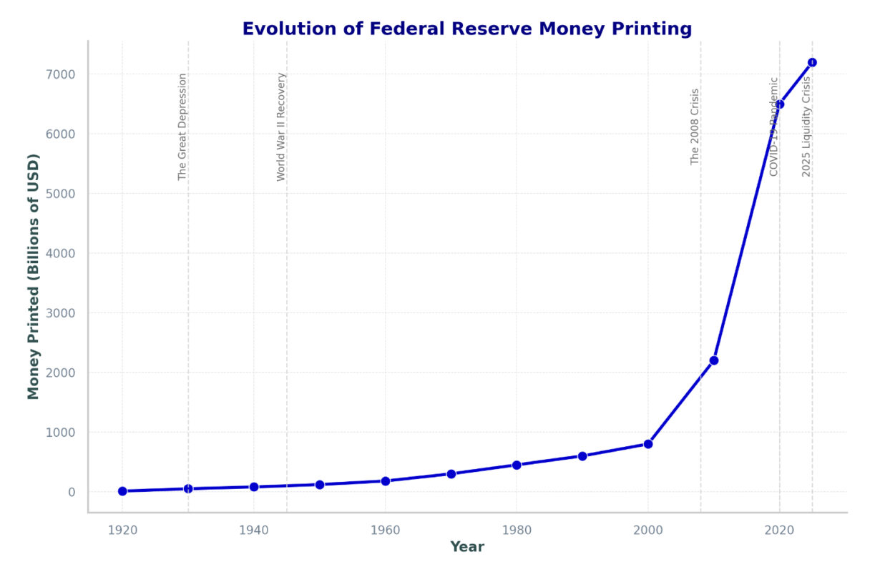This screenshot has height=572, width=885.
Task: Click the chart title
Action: [x=466, y=29]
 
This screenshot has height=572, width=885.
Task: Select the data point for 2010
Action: [x=713, y=360]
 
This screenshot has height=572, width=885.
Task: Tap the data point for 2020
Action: [x=779, y=104]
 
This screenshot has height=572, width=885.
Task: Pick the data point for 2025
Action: [x=812, y=62]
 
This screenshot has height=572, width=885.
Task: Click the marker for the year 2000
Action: [x=648, y=444]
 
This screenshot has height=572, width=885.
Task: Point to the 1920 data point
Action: [x=122, y=491]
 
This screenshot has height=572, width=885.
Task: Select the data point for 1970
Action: [x=451, y=474]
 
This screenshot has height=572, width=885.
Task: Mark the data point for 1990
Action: [x=582, y=456]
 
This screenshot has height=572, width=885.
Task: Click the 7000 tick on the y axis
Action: [x=62, y=74]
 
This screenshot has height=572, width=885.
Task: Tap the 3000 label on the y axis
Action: [x=62, y=313]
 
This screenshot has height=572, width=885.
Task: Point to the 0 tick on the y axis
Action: [x=72, y=492]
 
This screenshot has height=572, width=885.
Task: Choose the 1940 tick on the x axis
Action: [x=253, y=530]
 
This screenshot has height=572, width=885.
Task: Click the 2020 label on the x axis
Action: [x=779, y=530]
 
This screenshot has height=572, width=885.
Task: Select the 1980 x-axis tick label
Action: [x=517, y=530]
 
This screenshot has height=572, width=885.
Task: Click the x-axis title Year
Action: [x=466, y=547]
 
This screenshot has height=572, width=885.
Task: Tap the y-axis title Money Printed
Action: [x=33, y=276]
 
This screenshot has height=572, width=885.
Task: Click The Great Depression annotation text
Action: [x=182, y=127]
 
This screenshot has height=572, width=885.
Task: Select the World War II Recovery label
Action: [x=281, y=127]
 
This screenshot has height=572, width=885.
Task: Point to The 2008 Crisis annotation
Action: [x=695, y=127]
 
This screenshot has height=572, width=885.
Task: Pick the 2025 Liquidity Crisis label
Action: [x=806, y=127]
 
